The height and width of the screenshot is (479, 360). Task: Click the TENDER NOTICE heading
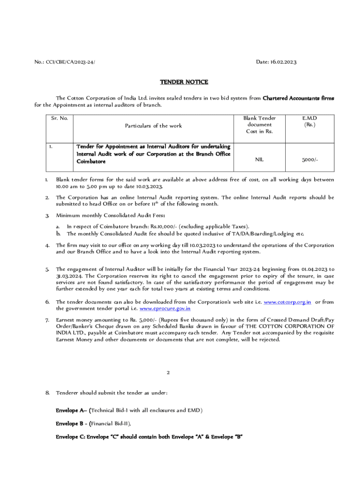tap(184, 82)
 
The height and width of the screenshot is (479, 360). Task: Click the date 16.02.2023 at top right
tap(276, 62)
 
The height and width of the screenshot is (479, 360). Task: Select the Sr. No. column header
tap(59, 118)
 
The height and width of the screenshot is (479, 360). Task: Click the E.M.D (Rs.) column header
tap(309, 122)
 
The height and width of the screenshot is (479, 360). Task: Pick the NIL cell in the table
tap(259, 160)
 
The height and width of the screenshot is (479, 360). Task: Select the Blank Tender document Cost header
tap(259, 125)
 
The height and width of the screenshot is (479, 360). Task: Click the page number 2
tap(168, 373)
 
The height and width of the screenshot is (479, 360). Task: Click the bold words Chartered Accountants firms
tap(298, 98)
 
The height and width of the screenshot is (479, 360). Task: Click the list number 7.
tap(47, 319)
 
